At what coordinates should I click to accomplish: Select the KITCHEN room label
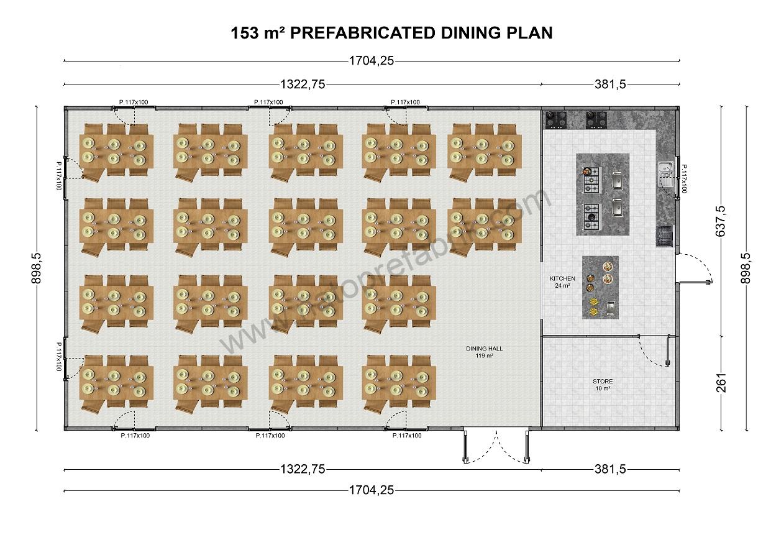562,278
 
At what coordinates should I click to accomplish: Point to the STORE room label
602,382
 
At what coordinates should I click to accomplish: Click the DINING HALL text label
484,349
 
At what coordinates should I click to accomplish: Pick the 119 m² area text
484,356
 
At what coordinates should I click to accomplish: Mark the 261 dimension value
721,383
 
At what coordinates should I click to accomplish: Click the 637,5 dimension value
721,221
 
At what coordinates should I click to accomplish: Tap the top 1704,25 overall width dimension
372,61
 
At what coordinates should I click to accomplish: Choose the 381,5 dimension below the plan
610,469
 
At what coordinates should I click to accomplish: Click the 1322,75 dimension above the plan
303,85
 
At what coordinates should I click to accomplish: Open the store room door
655,351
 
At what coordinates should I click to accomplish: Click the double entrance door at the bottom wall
496,446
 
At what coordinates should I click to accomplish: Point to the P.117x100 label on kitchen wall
684,178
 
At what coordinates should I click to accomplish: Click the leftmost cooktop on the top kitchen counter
556,119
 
